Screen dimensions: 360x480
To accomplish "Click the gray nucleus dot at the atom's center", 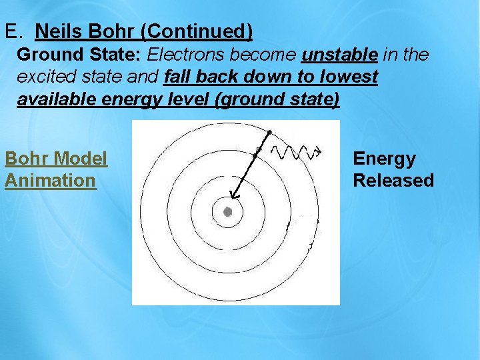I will [x=227, y=212].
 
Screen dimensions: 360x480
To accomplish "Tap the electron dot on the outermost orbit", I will [x=269, y=131].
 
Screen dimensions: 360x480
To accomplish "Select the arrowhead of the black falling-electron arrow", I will [x=233, y=195].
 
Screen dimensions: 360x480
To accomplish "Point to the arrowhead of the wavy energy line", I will [x=319, y=151].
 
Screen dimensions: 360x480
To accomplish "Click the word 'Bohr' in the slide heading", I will [x=107, y=31].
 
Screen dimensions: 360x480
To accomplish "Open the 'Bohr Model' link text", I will [x=56, y=159].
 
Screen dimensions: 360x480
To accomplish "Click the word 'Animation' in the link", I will [x=50, y=181].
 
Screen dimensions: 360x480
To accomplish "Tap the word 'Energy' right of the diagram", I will [x=384, y=159].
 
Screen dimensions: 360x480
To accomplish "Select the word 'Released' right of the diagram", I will [x=393, y=181].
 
